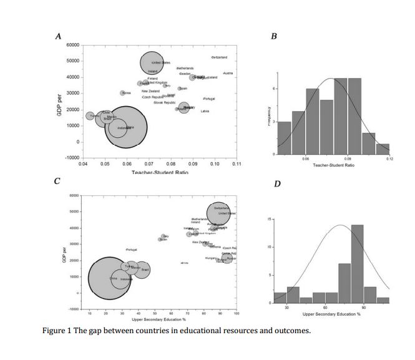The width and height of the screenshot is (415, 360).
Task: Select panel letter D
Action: [x=278, y=185]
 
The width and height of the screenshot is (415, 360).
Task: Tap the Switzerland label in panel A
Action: [x=219, y=57]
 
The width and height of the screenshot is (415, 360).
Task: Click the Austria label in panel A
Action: [x=228, y=74]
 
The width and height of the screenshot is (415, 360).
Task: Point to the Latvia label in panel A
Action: [x=205, y=111]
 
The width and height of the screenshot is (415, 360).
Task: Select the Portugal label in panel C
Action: [x=131, y=250]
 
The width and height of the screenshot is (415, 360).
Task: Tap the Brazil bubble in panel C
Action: [x=142, y=270]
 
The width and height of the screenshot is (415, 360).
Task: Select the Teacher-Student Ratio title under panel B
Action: [x=334, y=165]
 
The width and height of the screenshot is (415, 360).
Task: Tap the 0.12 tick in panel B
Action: [x=389, y=160]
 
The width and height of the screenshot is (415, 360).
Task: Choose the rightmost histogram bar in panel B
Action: [x=383, y=148]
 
